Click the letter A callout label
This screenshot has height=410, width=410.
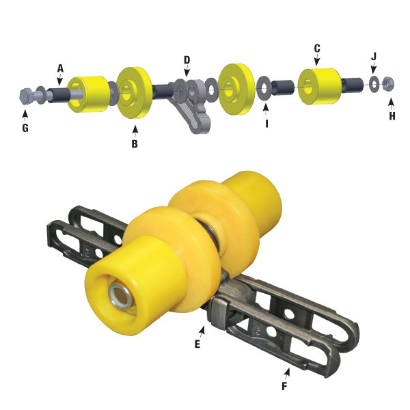pyautogui.click(x=60, y=68)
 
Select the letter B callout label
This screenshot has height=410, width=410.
pyautogui.click(x=135, y=144)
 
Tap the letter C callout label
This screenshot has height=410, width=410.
pyautogui.click(x=317, y=49)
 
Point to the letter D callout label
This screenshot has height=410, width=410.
pyautogui.click(x=187, y=59)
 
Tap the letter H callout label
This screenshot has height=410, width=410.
pyautogui.click(x=392, y=116)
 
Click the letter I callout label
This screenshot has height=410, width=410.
pyautogui.click(x=266, y=125)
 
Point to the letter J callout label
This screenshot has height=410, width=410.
pyautogui.click(x=374, y=57)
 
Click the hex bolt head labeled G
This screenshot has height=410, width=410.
pyautogui.click(x=25, y=96)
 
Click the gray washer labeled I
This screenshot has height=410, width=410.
pyautogui.click(x=263, y=88)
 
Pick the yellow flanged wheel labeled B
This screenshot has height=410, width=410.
pyautogui.click(x=133, y=92)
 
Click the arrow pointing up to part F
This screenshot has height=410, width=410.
pyautogui.click(x=287, y=374)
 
